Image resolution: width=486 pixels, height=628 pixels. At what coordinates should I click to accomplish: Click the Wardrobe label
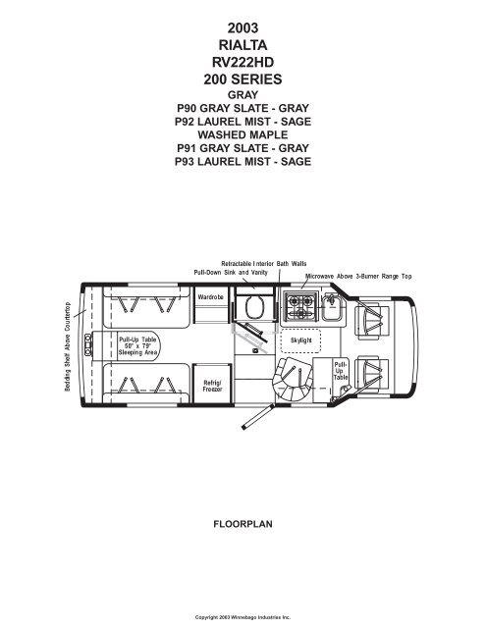pos(210,297)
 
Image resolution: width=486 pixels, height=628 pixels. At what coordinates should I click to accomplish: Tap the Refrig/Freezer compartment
pos(212,384)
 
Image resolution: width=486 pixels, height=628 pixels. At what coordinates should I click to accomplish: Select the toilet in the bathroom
pos(254,307)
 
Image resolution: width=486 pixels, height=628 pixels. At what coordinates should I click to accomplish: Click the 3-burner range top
pos(300,306)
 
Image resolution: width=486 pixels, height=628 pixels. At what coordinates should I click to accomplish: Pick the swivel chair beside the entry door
pos(292,379)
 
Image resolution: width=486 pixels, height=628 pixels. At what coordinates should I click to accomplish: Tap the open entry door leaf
pos(257,417)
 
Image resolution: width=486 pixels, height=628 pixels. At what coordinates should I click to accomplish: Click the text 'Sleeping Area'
pos(137,352)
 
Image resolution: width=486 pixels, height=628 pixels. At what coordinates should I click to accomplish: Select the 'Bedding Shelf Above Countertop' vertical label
pos(68,346)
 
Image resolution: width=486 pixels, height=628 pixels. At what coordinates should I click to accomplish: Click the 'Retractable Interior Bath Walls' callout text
pos(264,264)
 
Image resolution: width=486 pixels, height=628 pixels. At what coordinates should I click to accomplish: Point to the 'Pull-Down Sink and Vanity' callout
pos(231,273)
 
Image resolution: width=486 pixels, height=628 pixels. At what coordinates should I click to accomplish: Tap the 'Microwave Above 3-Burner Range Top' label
pos(358,276)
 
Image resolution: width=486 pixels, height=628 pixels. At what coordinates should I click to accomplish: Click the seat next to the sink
pos(372,320)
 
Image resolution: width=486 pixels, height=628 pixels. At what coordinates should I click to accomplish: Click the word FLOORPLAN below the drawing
pos(243,524)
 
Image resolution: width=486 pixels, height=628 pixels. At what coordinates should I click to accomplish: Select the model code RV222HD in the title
pos(243,62)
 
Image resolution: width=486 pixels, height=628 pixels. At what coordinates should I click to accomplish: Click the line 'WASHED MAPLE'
pos(243,134)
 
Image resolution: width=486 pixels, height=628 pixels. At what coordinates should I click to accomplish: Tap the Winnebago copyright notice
pos(243,617)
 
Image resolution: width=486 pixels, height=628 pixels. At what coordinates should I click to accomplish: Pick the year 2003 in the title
pos(243,27)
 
